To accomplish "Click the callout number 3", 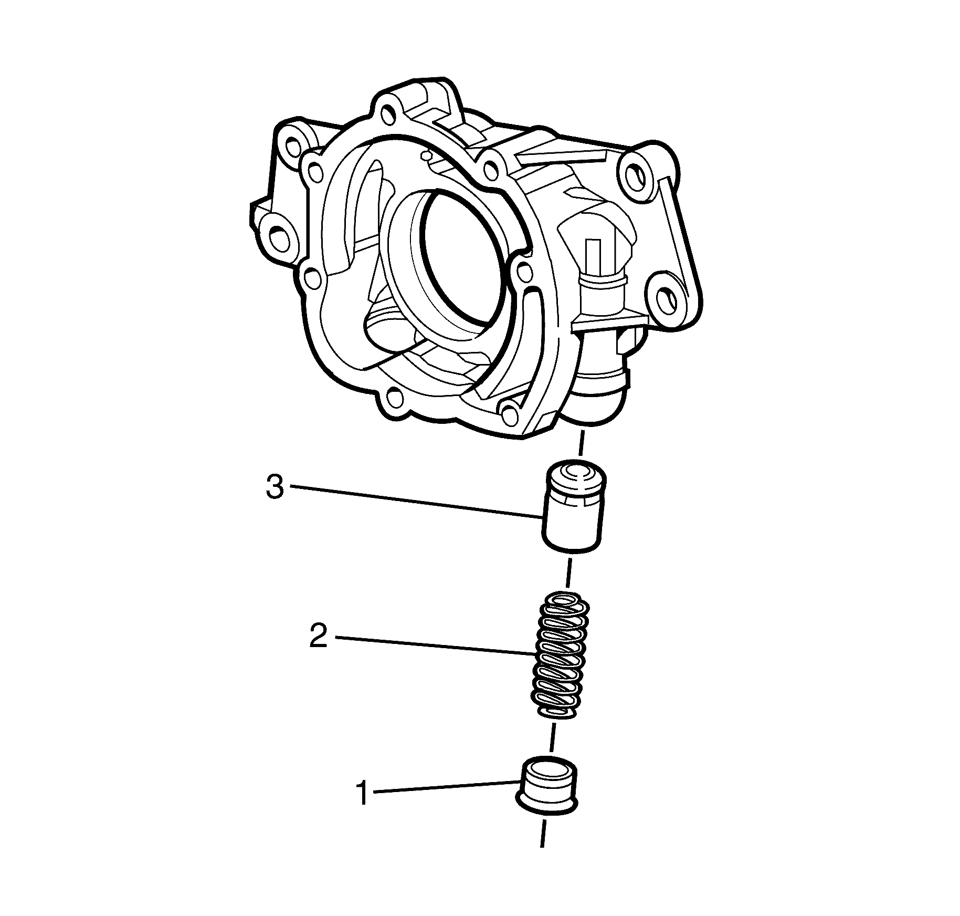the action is [275, 487].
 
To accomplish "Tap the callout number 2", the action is [319, 636].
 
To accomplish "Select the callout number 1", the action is [362, 793].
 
